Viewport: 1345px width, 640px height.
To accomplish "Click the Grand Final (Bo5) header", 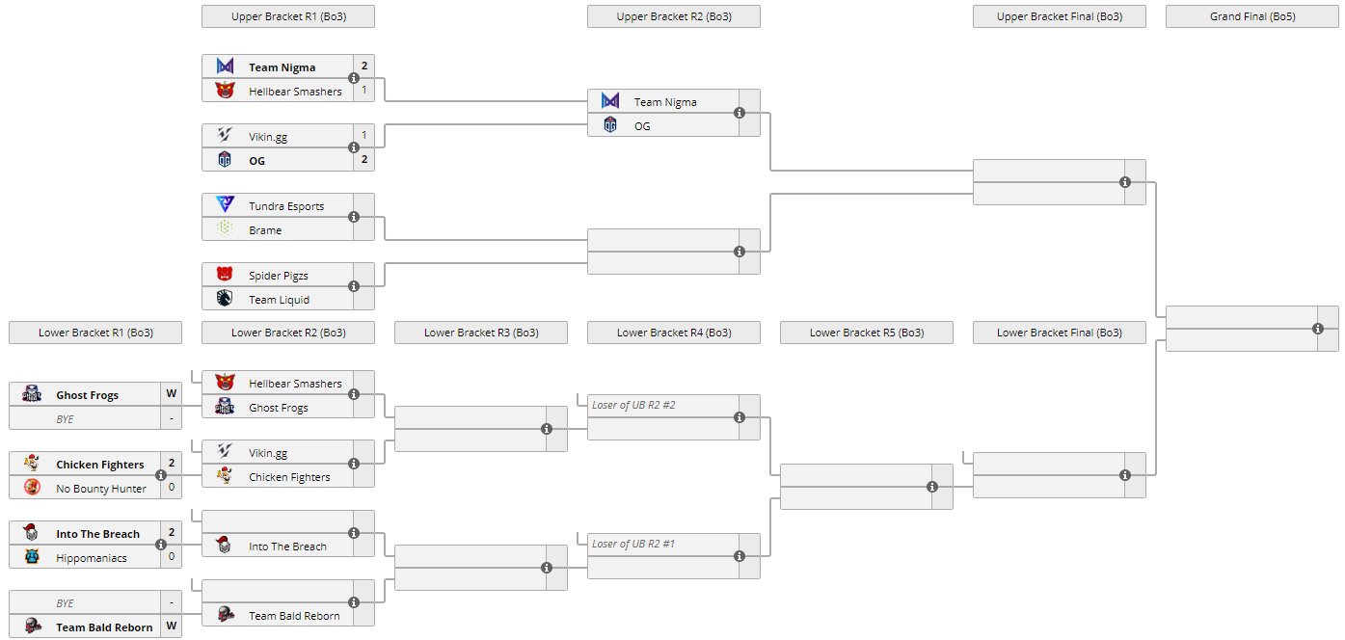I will click(1251, 16).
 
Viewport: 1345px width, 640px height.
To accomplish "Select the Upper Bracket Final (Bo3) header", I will click(1059, 16).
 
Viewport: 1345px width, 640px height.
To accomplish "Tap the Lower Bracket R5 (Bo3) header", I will click(866, 333).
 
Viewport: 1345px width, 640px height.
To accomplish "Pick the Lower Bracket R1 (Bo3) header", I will click(95, 333).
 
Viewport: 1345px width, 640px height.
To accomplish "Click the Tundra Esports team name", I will click(286, 206).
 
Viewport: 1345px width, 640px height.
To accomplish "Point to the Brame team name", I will click(265, 230).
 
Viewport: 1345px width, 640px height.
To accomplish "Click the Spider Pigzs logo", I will click(225, 275).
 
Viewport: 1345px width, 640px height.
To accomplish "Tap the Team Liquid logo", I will click(225, 299).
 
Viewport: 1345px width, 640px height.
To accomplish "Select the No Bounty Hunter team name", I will click(101, 489).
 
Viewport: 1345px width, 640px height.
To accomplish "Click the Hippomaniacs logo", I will click(32, 557).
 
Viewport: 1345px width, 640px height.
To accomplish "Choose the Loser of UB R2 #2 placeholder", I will click(633, 405).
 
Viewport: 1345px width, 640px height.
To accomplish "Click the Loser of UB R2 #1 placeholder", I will click(633, 544).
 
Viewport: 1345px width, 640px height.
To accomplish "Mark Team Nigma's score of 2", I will click(364, 67).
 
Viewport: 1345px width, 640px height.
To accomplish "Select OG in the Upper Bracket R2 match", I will click(642, 125).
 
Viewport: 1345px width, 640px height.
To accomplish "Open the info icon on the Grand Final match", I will click(1318, 329).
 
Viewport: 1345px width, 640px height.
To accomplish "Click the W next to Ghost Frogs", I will click(172, 393).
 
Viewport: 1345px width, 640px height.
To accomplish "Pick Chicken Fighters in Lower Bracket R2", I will click(289, 477).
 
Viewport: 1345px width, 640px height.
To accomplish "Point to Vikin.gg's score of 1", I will click(364, 136).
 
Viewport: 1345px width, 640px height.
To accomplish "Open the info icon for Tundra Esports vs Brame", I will click(354, 217).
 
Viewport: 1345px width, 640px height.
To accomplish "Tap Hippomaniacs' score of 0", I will click(172, 556).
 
